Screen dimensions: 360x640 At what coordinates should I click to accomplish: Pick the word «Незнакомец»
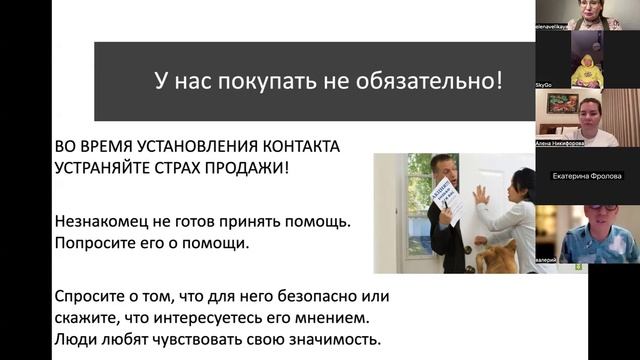click(x=110, y=217)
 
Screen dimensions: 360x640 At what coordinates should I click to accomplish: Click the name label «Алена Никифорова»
click(x=561, y=143)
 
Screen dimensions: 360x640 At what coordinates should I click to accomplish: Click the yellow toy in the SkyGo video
click(x=587, y=72)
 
